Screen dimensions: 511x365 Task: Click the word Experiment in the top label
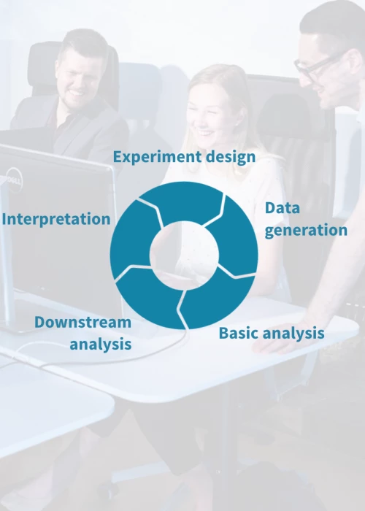click(x=147, y=157)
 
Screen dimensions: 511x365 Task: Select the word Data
click(x=283, y=208)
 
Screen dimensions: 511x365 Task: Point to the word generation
click(x=306, y=230)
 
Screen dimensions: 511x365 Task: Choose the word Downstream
click(x=82, y=322)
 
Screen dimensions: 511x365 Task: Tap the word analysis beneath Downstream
click(x=101, y=343)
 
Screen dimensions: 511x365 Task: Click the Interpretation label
click(x=56, y=219)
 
